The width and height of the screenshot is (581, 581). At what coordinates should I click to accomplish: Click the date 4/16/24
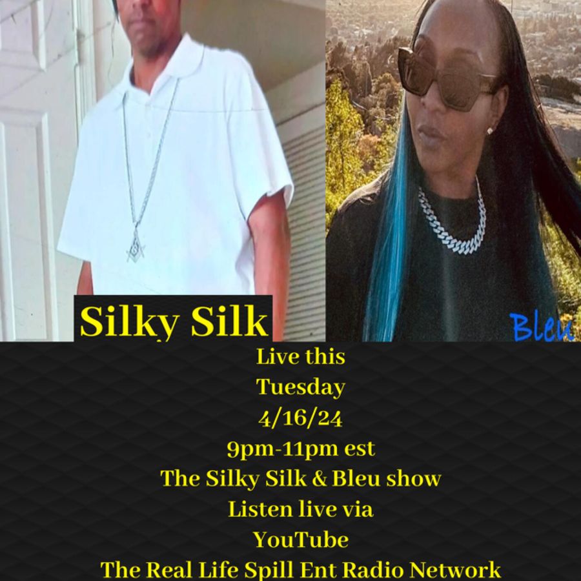click(x=300, y=418)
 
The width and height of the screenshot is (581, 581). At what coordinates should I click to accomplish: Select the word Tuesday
click(x=300, y=387)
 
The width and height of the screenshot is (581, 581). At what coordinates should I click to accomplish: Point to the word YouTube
click(x=300, y=540)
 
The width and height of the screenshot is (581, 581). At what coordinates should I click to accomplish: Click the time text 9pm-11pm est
click(x=301, y=449)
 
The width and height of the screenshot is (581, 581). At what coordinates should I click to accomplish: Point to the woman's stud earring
click(x=490, y=131)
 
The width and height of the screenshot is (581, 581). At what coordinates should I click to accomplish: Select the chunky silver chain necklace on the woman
click(x=453, y=222)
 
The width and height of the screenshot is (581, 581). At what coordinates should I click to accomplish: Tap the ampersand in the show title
click(x=320, y=479)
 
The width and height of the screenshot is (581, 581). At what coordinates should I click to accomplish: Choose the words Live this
click(x=300, y=357)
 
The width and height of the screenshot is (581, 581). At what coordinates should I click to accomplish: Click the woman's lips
click(x=431, y=132)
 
